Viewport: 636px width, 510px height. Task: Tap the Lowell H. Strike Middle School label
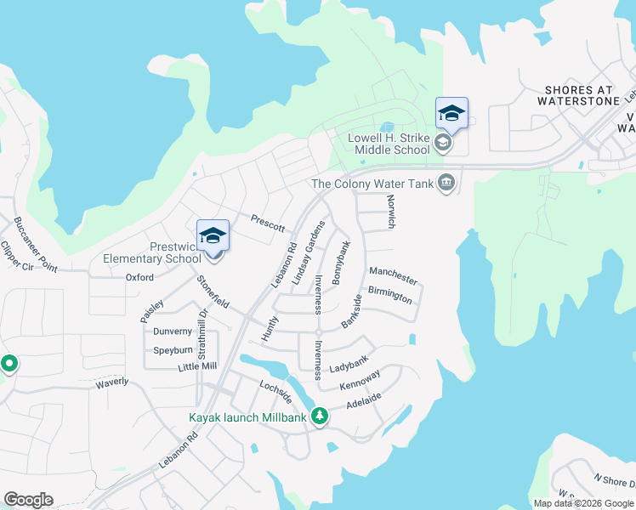tap(391, 144)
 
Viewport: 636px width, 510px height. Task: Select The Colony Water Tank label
tap(372, 183)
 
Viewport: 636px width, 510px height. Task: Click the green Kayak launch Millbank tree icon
tap(320, 416)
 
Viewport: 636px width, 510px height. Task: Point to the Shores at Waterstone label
tap(582, 95)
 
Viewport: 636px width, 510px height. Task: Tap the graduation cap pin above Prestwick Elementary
tap(213, 235)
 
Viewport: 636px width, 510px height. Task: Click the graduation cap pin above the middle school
tap(451, 113)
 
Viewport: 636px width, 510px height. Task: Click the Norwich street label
tap(391, 210)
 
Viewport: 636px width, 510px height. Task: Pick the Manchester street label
tap(393, 275)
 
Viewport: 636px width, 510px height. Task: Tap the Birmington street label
tap(390, 294)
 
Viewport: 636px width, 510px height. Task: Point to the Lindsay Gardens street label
tap(309, 252)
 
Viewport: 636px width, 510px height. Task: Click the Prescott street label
tap(267, 223)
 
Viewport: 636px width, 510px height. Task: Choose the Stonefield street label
tap(213, 292)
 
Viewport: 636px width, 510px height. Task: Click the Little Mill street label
tap(197, 366)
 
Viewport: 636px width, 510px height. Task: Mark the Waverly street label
tap(111, 382)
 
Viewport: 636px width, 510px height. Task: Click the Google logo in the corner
tap(28, 500)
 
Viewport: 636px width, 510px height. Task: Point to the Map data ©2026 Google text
tap(584, 503)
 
